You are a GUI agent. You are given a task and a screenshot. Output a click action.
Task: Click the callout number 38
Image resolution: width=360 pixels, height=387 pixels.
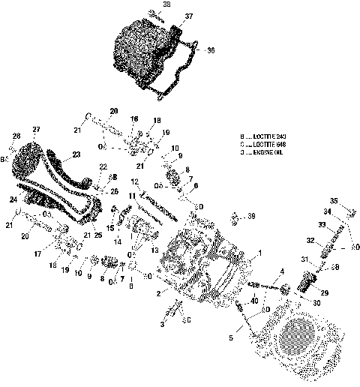click(166, 4)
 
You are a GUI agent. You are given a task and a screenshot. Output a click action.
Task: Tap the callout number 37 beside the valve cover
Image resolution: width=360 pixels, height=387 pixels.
click(188, 16)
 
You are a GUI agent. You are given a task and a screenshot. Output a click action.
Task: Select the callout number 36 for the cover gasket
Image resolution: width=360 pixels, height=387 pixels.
click(211, 50)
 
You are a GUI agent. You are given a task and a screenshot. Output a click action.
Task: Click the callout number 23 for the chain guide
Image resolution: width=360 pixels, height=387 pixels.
click(75, 156)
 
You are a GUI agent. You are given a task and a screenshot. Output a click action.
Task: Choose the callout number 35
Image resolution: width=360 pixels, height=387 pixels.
click(335, 199)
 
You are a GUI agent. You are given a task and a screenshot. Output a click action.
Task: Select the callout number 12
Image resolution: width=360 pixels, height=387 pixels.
click(135, 182)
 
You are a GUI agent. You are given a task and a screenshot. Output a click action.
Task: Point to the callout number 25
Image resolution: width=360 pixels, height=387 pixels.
click(97, 247)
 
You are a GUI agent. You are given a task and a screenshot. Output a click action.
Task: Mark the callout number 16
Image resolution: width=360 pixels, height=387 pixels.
click(134, 119)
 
